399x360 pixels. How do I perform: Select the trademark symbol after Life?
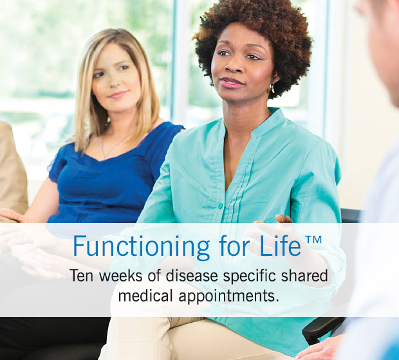tap(313, 240)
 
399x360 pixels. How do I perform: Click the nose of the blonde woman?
tap(117, 79)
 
